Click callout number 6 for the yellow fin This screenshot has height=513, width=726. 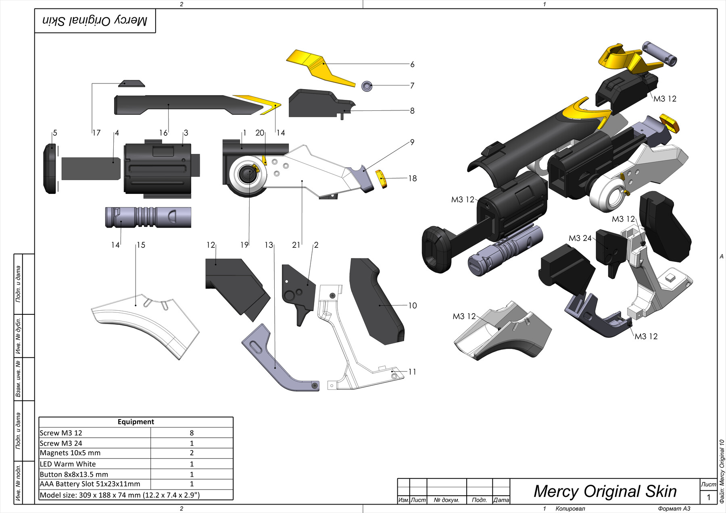pyautogui.click(x=412, y=64)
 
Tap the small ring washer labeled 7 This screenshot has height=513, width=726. pyautogui.click(x=367, y=86)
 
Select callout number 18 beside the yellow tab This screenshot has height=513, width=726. pyautogui.click(x=412, y=179)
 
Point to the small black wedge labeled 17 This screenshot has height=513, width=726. pyautogui.click(x=131, y=83)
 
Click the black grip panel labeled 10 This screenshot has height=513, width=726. pyautogui.click(x=375, y=302)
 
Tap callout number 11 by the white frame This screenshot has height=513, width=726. pyautogui.click(x=412, y=372)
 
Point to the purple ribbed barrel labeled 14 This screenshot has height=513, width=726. pyautogui.click(x=147, y=217)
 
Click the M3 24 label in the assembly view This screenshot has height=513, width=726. pyautogui.click(x=580, y=238)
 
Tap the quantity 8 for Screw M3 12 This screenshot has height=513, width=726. pyautogui.click(x=192, y=433)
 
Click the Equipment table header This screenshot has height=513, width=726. pyautogui.click(x=136, y=422)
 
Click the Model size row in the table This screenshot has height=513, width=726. pyautogui.click(x=120, y=495)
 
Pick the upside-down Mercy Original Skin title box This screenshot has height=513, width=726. pyautogui.click(x=95, y=21)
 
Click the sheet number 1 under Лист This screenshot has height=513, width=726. pyautogui.click(x=709, y=497)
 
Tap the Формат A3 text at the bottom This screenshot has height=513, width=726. pyautogui.click(x=674, y=509)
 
